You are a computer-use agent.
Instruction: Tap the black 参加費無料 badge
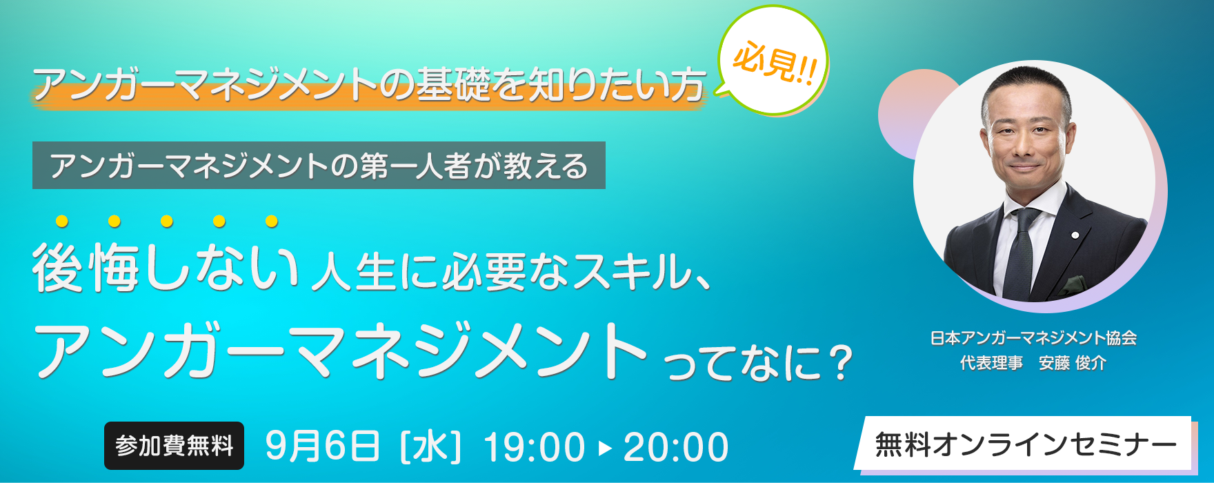[x=174, y=446]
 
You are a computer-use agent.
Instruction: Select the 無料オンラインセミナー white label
[x=1026, y=444]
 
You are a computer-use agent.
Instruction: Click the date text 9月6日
[x=322, y=446]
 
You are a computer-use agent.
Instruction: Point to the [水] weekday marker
[x=430, y=446]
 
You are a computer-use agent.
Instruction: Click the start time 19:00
[x=535, y=446]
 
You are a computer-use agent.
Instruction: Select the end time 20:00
[x=676, y=446]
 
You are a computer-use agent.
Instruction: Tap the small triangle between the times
[x=605, y=447]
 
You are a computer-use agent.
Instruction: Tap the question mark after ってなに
[x=839, y=362]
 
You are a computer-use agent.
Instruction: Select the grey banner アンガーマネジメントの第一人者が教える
[x=319, y=166]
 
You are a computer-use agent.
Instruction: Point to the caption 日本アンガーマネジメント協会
[x=1033, y=338]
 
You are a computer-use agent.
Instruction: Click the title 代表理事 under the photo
[x=991, y=363]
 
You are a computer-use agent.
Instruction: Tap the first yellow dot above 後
[x=62, y=221]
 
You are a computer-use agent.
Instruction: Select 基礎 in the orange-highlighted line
[x=452, y=84]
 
